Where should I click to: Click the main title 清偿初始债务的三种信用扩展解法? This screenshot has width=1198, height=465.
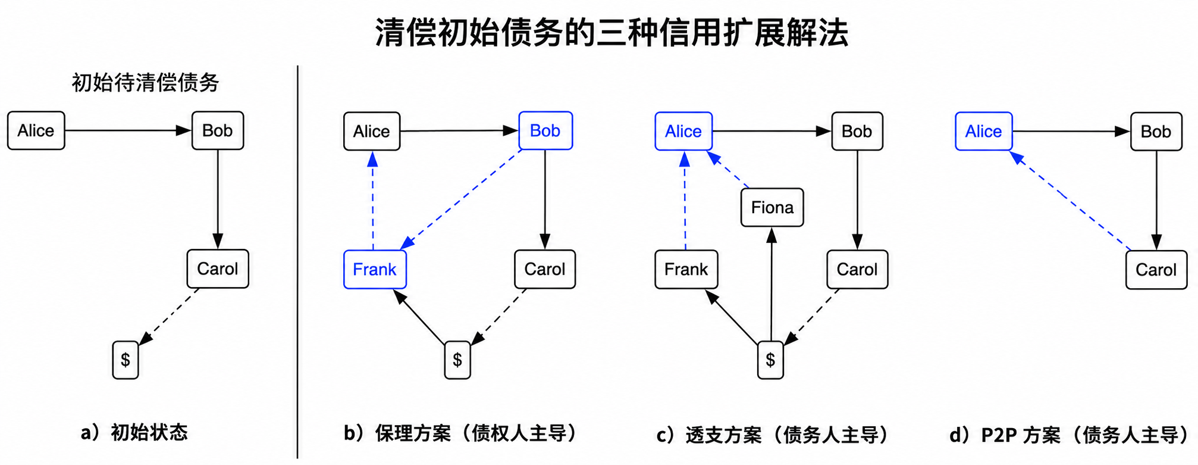pyautogui.click(x=611, y=32)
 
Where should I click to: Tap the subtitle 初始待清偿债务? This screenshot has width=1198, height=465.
pyautogui.click(x=146, y=82)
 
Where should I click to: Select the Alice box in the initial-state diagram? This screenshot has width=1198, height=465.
pyautogui.click(x=36, y=130)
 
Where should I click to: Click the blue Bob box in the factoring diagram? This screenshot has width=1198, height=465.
pyautogui.click(x=545, y=130)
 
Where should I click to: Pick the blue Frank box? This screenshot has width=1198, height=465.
pyautogui.click(x=375, y=269)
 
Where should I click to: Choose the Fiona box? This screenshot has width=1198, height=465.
pyautogui.click(x=772, y=207)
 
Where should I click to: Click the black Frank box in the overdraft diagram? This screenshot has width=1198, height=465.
pyautogui.click(x=686, y=269)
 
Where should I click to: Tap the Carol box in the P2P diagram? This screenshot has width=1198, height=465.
pyautogui.click(x=1156, y=270)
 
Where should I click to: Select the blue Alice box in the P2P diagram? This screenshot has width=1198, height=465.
pyautogui.click(x=984, y=131)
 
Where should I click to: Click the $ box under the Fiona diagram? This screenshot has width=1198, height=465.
pyautogui.click(x=770, y=360)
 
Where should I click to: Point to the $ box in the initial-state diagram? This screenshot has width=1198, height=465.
pyautogui.click(x=126, y=360)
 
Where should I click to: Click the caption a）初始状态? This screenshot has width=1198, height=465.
pyautogui.click(x=134, y=432)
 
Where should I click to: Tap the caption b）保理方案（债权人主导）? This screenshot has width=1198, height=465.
pyautogui.click(x=462, y=433)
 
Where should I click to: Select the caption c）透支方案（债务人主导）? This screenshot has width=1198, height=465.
pyautogui.click(x=773, y=435)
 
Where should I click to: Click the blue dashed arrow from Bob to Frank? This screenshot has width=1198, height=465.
pyautogui.click(x=461, y=199)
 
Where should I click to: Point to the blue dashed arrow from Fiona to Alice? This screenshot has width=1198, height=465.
pyautogui.click(x=727, y=169)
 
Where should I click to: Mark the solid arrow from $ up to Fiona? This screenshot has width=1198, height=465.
pyautogui.click(x=772, y=285)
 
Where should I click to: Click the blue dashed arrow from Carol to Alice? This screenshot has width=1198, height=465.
pyautogui.click(x=1070, y=200)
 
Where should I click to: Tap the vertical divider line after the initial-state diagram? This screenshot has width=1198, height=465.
pyautogui.click(x=297, y=262)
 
